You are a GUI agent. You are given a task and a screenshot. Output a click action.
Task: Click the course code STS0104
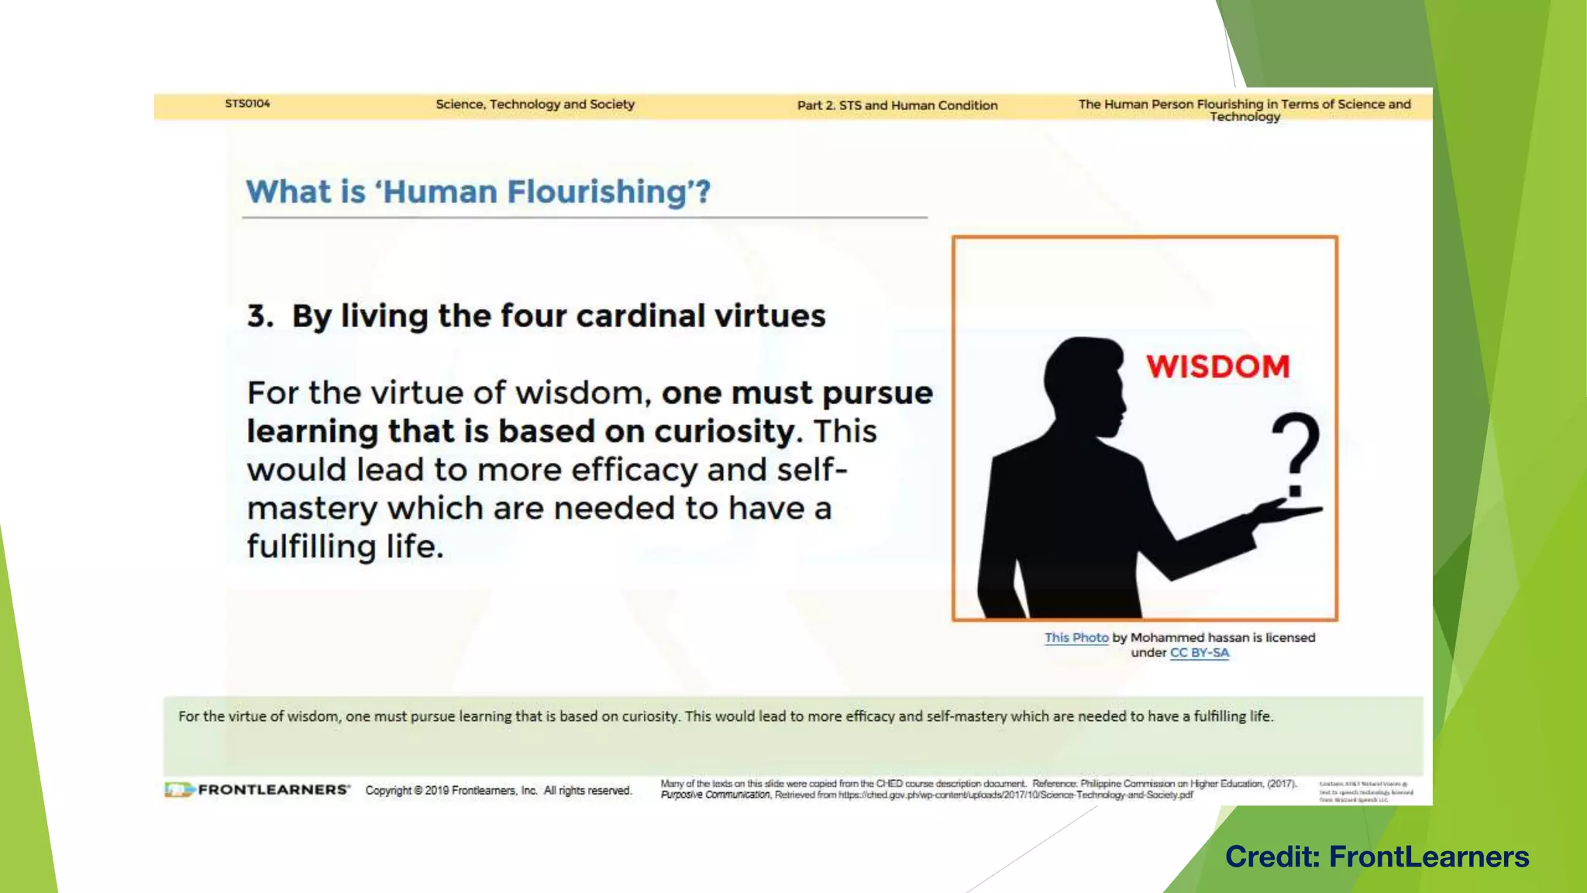point(247,103)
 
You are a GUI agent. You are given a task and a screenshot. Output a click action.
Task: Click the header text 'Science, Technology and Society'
point(535,104)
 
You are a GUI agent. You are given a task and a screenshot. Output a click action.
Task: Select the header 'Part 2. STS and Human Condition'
point(897,105)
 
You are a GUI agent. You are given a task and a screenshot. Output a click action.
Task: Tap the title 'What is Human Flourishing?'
point(478,191)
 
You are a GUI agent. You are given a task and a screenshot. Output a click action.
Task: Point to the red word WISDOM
point(1217,367)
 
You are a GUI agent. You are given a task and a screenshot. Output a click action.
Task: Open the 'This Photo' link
point(1076,637)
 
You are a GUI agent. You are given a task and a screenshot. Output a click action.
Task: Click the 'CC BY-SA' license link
point(1199,653)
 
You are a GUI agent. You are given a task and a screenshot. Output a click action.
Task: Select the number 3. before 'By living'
point(260,316)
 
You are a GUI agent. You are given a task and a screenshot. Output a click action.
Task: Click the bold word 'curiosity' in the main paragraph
point(724,432)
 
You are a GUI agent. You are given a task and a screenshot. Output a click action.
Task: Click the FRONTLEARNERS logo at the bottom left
point(257,790)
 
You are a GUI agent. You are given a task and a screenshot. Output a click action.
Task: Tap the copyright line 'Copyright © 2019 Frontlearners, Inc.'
point(451,791)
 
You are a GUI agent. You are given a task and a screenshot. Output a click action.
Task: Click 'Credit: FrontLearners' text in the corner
point(1377,857)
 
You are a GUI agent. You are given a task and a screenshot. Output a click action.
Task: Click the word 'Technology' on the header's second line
point(1244,117)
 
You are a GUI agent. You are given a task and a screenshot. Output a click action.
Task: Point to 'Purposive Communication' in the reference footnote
point(715,795)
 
